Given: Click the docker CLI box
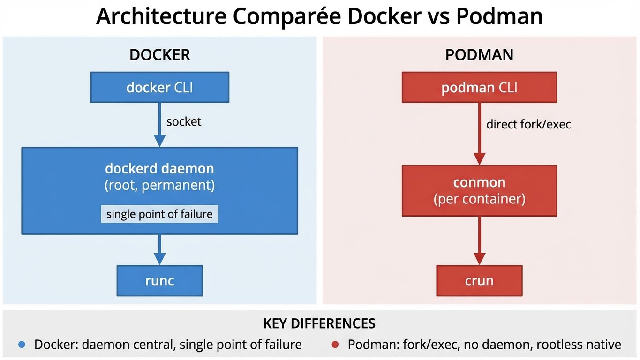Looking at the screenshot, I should [x=159, y=87].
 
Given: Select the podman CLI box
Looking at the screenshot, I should [x=479, y=87].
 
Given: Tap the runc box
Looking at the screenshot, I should [x=159, y=281].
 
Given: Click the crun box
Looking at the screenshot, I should [x=479, y=281].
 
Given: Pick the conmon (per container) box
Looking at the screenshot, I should [x=479, y=191].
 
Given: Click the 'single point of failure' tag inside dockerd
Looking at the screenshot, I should [x=159, y=214].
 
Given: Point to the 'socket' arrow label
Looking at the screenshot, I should [x=184, y=122].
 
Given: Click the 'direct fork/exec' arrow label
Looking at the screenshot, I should [x=528, y=124].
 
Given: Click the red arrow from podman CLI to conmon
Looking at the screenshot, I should [x=479, y=134].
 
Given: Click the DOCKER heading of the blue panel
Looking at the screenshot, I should [x=159, y=55].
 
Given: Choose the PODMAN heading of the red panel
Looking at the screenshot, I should [x=479, y=55].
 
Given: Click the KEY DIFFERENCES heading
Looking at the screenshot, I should [x=319, y=323].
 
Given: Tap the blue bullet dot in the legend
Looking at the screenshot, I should [x=21, y=345].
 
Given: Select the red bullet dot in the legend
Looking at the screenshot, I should [x=335, y=345].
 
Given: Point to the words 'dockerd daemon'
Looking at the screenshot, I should [x=159, y=168].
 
